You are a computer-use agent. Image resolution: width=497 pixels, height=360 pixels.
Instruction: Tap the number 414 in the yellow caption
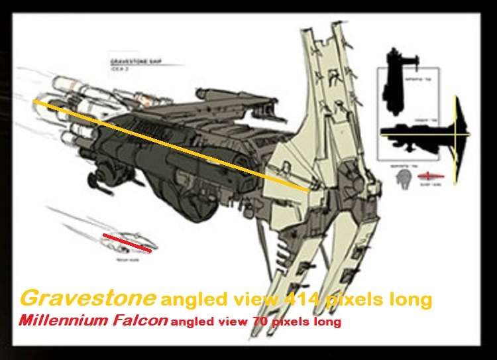[300, 300]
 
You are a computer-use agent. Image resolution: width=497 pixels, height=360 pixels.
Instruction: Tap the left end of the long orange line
[34, 101]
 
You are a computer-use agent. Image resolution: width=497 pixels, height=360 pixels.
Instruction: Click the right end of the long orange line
[309, 191]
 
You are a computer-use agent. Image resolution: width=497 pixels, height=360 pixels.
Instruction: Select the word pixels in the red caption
[292, 322]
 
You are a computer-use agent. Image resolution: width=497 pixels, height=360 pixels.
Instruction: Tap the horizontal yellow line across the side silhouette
[424, 137]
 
